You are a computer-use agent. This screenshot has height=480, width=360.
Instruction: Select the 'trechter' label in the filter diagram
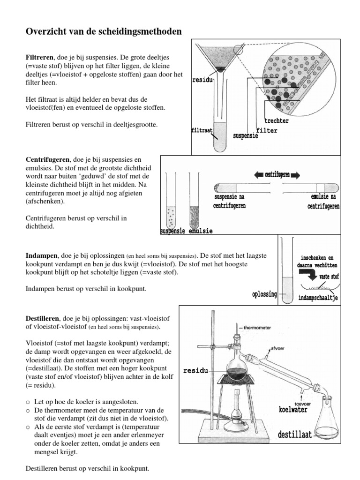click(x=276, y=121)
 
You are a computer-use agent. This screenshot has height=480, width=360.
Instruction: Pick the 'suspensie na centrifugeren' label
click(x=229, y=202)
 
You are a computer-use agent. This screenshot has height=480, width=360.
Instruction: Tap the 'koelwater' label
click(x=293, y=409)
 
